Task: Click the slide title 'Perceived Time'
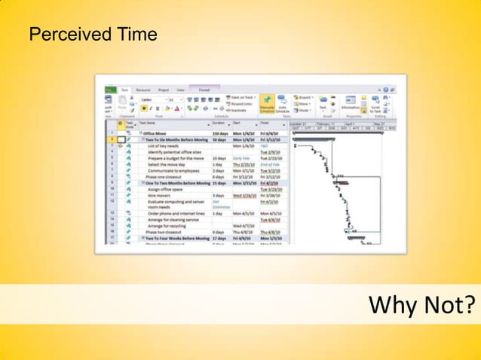coord(93,35)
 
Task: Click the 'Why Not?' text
coord(421,305)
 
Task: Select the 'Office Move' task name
coord(159,133)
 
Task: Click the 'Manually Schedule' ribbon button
coord(267,105)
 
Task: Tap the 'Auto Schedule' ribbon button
coord(283,105)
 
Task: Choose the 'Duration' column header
coord(219,124)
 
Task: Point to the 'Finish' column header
coord(265,124)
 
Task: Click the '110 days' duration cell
coord(221,133)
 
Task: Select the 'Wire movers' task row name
coord(159,195)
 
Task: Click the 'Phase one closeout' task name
coord(164,177)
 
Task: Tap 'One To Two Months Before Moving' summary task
coord(176,183)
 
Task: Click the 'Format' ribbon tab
coord(204,90)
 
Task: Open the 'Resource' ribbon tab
coord(142,90)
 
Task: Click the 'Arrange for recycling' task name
coord(167,226)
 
